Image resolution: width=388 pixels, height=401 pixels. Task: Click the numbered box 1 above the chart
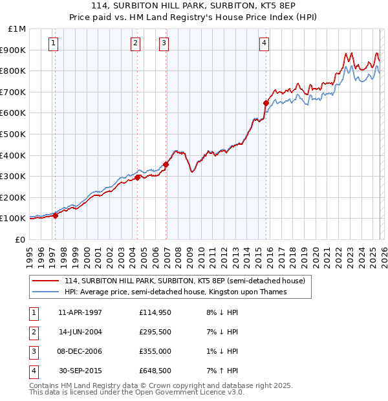point(52,43)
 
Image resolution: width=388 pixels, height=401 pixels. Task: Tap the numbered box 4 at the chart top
point(264,43)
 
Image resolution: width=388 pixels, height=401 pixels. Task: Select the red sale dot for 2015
point(266,102)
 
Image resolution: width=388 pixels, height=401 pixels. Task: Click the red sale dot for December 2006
point(166,164)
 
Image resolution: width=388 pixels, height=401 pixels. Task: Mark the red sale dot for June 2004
point(138,177)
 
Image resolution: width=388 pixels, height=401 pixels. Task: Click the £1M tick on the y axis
point(16,28)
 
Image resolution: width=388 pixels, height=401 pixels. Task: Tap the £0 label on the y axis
point(19,239)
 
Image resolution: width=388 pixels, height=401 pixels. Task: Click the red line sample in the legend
point(47,281)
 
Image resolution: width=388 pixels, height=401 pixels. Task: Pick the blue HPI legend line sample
point(47,292)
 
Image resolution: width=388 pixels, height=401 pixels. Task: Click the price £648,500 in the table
point(155,371)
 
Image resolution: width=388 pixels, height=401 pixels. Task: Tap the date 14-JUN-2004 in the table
point(80,332)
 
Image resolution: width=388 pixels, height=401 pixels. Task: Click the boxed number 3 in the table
point(32,351)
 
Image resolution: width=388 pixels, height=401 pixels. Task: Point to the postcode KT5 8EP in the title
point(258,6)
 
